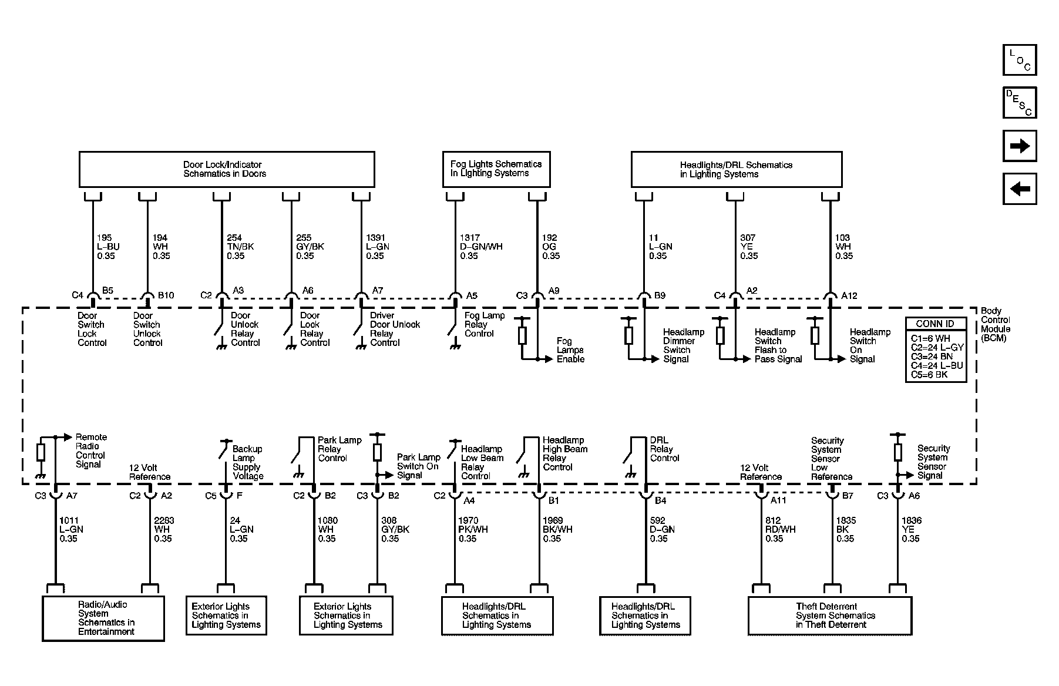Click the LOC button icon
coord(1019,60)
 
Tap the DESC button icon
coord(1019,103)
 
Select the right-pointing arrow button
coord(1019,146)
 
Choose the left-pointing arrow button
coord(1019,189)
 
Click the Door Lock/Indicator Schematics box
coord(226,169)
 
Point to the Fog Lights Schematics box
coord(496,169)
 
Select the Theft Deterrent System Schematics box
coord(829,616)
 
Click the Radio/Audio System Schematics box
coord(103,618)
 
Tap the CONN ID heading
coord(935,324)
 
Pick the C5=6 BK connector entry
coord(929,374)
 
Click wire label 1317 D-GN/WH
coord(480,247)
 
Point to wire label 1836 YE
coord(911,529)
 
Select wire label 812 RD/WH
coord(780,529)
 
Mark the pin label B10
coord(166,295)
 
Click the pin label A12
coord(849,295)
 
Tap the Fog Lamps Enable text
coord(570,350)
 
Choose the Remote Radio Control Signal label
coord(90,450)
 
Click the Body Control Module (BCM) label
coord(995,324)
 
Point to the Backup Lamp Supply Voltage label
coord(247,462)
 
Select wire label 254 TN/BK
coord(240,247)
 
